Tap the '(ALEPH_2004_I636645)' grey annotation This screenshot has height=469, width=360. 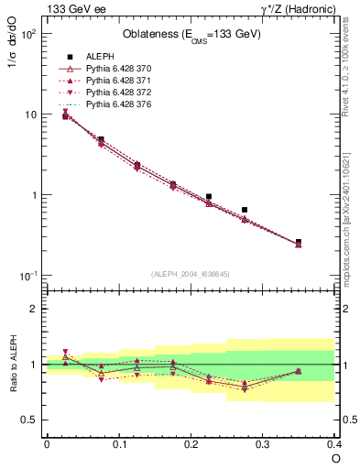(191, 273)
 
